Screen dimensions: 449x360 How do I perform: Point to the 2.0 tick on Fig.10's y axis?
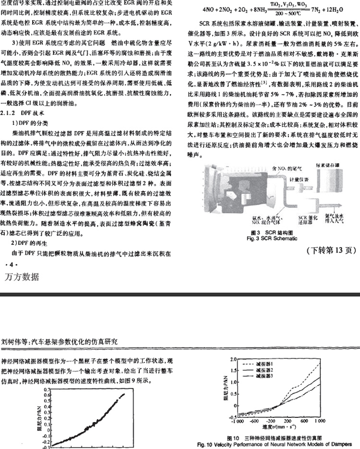coord(232,359)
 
